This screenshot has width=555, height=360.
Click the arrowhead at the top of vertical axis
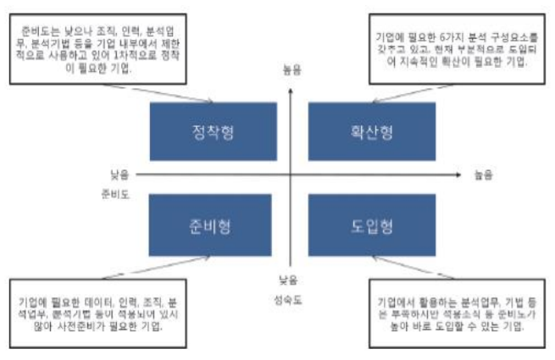click(291, 87)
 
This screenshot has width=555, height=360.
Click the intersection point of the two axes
click(291, 174)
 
